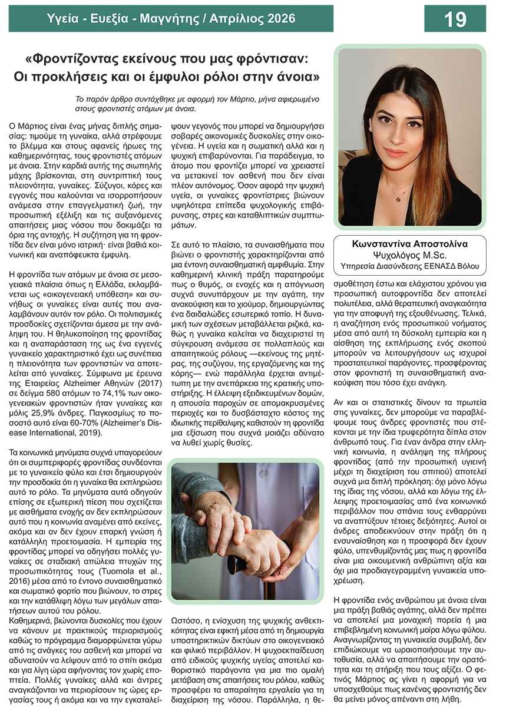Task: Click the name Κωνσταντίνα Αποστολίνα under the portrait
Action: point(410,244)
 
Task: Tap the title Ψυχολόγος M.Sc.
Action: point(410,255)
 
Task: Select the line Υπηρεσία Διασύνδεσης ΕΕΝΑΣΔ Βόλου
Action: point(410,266)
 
